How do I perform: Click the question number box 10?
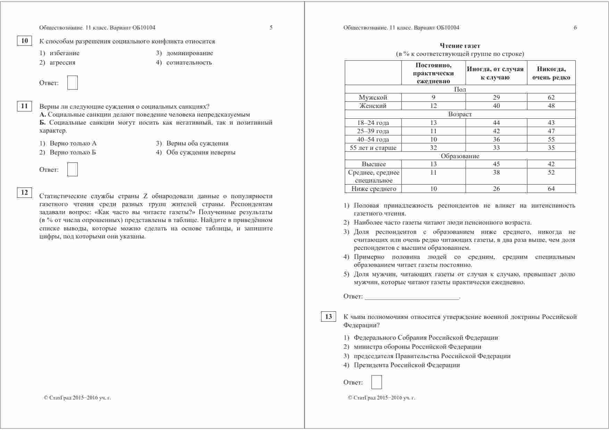click(x=24, y=41)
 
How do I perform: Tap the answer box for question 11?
click(x=72, y=169)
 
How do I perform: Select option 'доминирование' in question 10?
click(x=189, y=53)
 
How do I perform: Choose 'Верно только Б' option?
click(x=73, y=152)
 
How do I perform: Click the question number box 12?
click(x=24, y=193)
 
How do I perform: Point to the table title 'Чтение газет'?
click(x=460, y=46)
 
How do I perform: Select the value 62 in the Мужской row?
click(x=551, y=98)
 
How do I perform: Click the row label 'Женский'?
click(x=373, y=106)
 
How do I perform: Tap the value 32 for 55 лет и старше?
click(x=433, y=148)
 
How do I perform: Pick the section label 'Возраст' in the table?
click(x=460, y=114)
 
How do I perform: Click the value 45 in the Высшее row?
click(x=496, y=164)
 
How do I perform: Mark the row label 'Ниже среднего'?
click(x=374, y=189)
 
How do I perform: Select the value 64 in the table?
click(x=551, y=189)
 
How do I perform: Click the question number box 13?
click(x=328, y=317)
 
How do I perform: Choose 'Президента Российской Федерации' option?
click(x=407, y=365)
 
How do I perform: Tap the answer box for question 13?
click(x=376, y=382)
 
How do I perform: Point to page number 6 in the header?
click(x=575, y=28)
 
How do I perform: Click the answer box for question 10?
click(x=72, y=83)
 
